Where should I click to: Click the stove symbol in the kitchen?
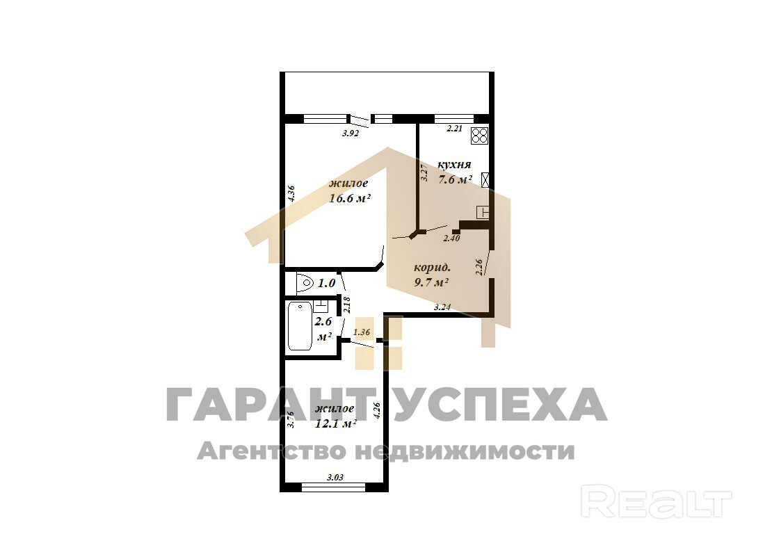click(x=479, y=136)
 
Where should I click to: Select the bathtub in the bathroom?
click(x=300, y=326)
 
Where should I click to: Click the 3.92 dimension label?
click(x=350, y=133)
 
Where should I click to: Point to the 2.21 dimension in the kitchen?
click(x=454, y=129)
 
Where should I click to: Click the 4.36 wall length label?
click(x=291, y=193)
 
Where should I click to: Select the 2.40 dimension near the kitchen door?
click(x=451, y=238)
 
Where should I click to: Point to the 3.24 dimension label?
click(x=442, y=307)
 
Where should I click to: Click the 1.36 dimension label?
click(x=362, y=332)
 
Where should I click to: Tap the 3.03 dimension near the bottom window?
click(x=335, y=478)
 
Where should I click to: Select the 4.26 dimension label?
click(x=377, y=411)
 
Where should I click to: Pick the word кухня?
click(x=454, y=165)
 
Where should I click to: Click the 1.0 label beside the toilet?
click(x=326, y=284)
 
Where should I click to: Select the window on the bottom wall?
click(x=333, y=487)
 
